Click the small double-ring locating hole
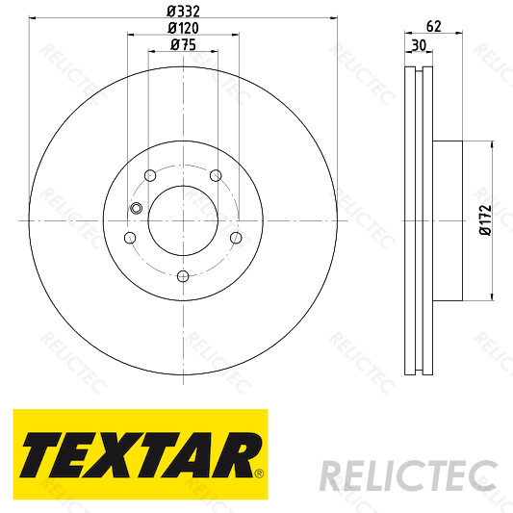click(136, 209)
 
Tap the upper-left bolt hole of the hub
click(148, 175)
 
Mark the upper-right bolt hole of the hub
click(217, 175)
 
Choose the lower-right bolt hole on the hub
click(236, 238)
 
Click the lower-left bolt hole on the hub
click(129, 238)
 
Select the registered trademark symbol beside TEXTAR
click(258, 473)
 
